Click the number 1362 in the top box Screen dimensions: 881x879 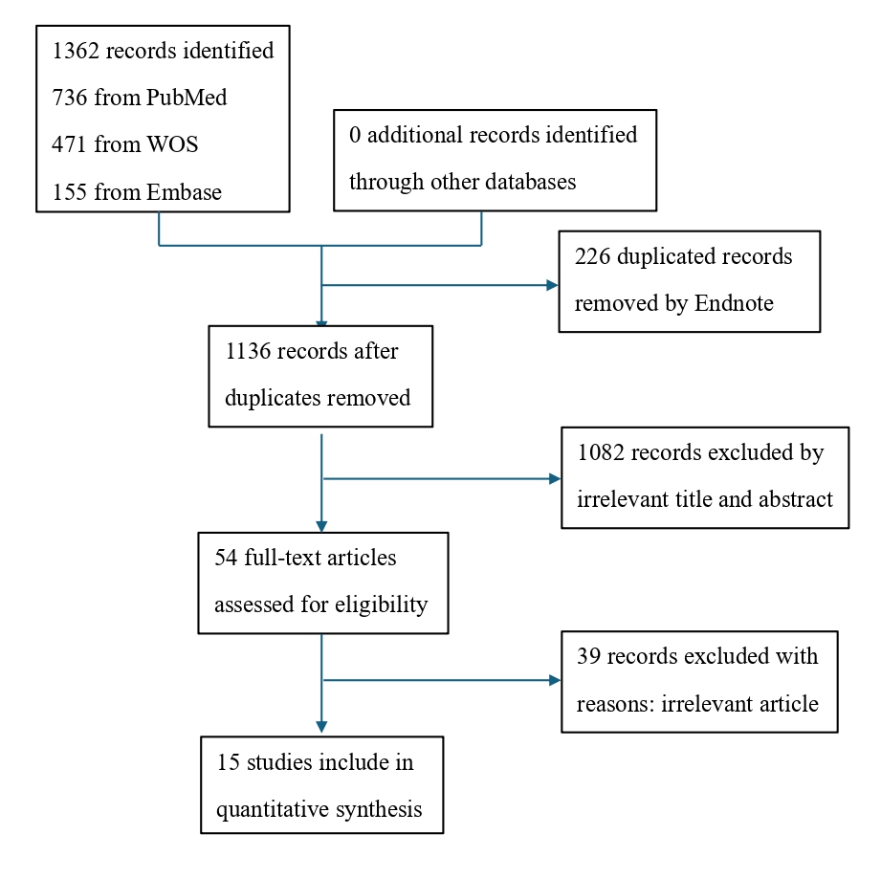pyautogui.click(x=76, y=51)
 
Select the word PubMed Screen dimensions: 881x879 pyautogui.click(x=187, y=98)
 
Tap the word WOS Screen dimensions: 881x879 pyautogui.click(x=172, y=145)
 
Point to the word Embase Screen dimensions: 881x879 pyautogui.click(x=185, y=192)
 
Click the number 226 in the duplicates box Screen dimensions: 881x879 pyautogui.click(x=592, y=256)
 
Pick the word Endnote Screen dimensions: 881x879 pyautogui.click(x=734, y=304)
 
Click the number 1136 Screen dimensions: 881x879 pyautogui.click(x=248, y=352)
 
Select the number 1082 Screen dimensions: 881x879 pyautogui.click(x=601, y=452)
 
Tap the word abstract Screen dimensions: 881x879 pyautogui.click(x=796, y=499)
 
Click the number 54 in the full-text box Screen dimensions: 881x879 pyautogui.click(x=226, y=558)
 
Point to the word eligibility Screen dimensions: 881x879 pyautogui.click(x=381, y=604)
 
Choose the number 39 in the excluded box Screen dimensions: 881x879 pyautogui.click(x=589, y=656)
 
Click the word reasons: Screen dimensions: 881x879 pyautogui.click(x=615, y=704)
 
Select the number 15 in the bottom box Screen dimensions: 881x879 pyautogui.click(x=228, y=762)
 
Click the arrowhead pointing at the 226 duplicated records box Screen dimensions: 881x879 pyautogui.click(x=552, y=285)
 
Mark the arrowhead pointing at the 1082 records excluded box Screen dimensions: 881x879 pyautogui.click(x=555, y=479)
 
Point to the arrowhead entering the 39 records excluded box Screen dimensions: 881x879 pyautogui.click(x=555, y=681)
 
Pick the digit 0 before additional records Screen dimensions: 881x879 pyautogui.click(x=355, y=136)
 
